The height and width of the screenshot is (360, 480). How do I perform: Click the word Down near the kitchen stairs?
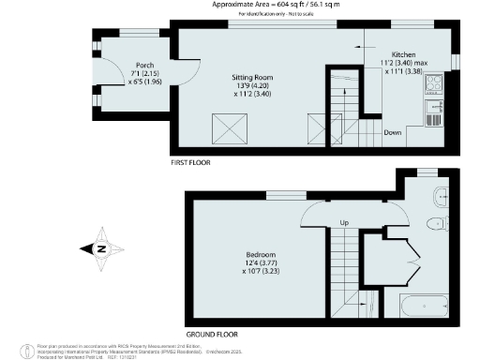tap(395, 133)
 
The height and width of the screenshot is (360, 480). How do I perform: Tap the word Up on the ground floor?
tap(343, 223)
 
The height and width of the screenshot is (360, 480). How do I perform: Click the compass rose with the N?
tap(99, 248)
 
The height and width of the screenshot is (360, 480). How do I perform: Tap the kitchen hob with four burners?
tap(436, 87)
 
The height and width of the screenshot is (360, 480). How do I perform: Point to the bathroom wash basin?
tap(442, 196)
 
